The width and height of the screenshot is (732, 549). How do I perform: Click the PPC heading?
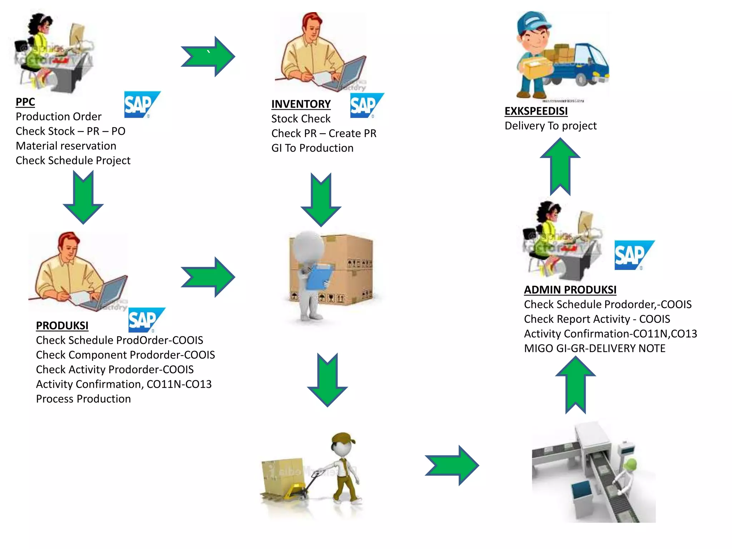click(25, 102)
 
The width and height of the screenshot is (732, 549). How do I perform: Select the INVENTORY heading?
click(301, 104)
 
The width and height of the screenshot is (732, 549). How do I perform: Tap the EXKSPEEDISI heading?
click(536, 111)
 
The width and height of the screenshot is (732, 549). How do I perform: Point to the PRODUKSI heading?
click(62, 326)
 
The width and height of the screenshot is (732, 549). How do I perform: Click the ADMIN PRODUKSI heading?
click(570, 290)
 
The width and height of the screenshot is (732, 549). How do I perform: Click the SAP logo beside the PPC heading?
click(142, 104)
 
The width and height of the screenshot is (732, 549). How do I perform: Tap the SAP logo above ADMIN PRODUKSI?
click(634, 255)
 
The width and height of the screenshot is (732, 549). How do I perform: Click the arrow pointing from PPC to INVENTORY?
click(208, 56)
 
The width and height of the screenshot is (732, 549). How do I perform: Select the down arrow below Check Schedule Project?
click(83, 197)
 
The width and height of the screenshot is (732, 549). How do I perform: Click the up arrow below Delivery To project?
click(560, 167)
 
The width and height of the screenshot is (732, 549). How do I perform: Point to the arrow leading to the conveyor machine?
click(452, 465)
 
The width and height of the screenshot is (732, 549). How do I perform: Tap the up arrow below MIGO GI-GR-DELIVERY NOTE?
click(575, 385)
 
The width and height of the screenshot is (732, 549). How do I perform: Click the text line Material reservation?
click(66, 146)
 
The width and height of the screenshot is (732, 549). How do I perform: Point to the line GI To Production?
click(312, 148)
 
